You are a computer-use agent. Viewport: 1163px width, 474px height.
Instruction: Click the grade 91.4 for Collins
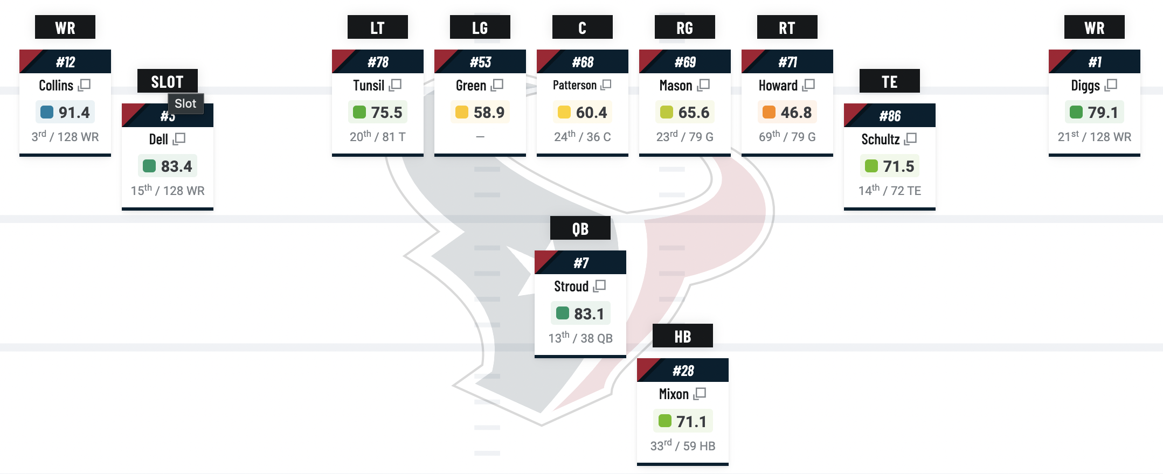(x=74, y=113)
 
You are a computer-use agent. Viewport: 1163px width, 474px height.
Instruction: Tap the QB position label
(x=580, y=228)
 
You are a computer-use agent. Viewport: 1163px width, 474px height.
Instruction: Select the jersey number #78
(x=378, y=62)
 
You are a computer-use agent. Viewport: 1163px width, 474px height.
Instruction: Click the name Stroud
(x=571, y=287)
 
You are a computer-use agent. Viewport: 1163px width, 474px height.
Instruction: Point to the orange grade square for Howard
(x=769, y=112)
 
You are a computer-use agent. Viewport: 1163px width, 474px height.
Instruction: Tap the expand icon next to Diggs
(x=1111, y=85)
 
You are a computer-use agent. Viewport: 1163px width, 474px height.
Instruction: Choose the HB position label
(x=682, y=336)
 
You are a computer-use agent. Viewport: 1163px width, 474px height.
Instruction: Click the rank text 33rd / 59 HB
(x=682, y=446)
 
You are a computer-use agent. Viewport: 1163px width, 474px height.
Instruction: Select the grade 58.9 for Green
(x=489, y=113)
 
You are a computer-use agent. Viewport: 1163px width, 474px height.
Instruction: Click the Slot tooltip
(x=185, y=103)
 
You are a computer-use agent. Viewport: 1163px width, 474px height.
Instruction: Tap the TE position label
(x=889, y=82)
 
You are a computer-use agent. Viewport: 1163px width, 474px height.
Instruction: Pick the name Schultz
(x=880, y=140)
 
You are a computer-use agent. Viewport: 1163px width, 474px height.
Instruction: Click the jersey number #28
(x=683, y=371)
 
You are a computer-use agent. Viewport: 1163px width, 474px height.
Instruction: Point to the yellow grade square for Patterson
(x=564, y=112)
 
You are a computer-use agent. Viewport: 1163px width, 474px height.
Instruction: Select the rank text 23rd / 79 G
(x=684, y=137)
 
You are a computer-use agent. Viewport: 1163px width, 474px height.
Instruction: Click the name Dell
(x=158, y=140)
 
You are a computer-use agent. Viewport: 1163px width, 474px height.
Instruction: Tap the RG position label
(x=684, y=27)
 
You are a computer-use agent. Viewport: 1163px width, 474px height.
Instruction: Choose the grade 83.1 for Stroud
(x=589, y=314)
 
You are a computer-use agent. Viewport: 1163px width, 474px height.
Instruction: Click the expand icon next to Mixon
(x=700, y=394)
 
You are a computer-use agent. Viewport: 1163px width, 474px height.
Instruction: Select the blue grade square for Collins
(x=47, y=112)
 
